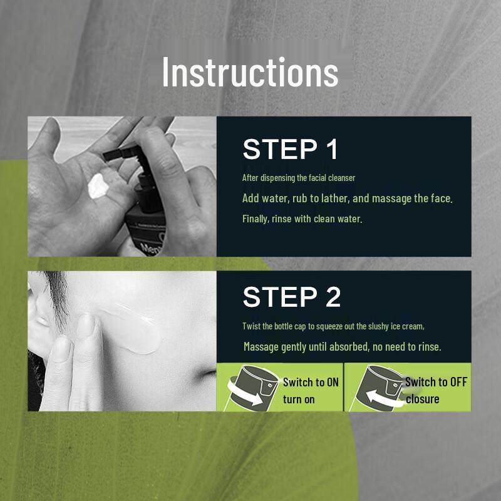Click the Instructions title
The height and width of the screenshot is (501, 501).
click(x=250, y=71)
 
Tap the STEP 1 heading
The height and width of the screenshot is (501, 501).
click(x=290, y=149)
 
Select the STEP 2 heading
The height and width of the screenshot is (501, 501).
click(x=292, y=297)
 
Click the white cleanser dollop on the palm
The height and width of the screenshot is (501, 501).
click(x=98, y=186)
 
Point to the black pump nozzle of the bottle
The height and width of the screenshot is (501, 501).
click(x=122, y=153)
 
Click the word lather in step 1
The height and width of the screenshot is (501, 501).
click(x=336, y=199)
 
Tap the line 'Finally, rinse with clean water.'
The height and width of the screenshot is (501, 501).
click(x=302, y=219)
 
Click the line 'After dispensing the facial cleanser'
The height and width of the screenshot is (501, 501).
click(x=299, y=178)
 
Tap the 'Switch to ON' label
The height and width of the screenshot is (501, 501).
click(x=311, y=382)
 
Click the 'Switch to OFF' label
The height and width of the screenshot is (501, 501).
click(x=436, y=382)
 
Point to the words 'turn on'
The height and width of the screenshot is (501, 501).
click(x=299, y=400)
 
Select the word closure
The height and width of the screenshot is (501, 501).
click(x=422, y=399)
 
